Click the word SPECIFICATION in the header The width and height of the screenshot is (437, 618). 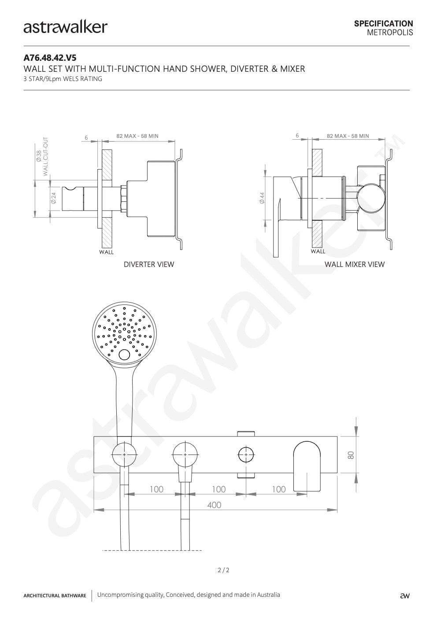pyautogui.click(x=384, y=24)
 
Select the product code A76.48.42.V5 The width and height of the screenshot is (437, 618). pyautogui.click(x=50, y=58)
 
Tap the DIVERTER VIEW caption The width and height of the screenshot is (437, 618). pyautogui.click(x=149, y=264)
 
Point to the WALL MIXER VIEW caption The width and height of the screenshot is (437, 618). pyautogui.click(x=355, y=264)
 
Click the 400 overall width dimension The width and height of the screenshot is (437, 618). pyautogui.click(x=214, y=505)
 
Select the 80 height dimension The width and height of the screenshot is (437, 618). pyautogui.click(x=351, y=455)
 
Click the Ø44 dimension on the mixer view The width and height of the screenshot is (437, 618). pyautogui.click(x=262, y=198)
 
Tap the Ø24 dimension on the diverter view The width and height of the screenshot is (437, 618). pyautogui.click(x=53, y=198)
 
